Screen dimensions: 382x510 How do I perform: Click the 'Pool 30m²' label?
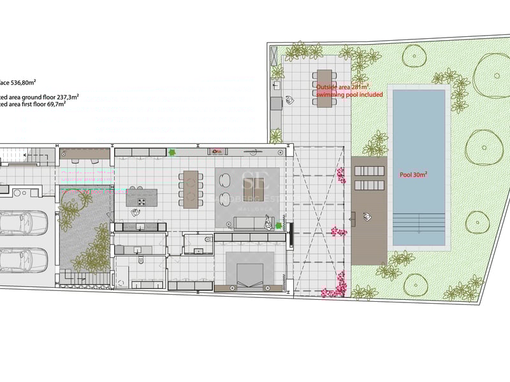(413, 174)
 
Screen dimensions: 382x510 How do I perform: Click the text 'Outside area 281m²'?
(342, 87)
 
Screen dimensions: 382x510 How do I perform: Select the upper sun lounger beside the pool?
(370, 171)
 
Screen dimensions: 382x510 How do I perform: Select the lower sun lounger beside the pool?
(370, 185)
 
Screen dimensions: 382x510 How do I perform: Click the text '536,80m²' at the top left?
(25, 82)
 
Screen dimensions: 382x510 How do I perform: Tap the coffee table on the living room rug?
(253, 189)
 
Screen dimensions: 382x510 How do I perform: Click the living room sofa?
(249, 223)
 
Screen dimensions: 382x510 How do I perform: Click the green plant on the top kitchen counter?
(171, 152)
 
